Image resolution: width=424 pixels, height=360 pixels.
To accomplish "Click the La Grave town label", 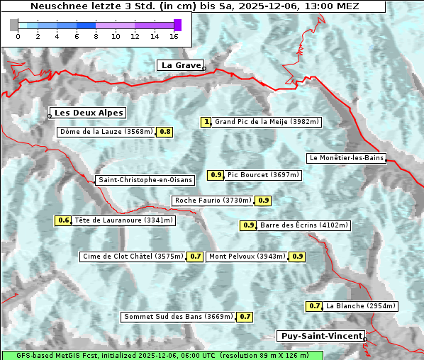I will tap(181, 65).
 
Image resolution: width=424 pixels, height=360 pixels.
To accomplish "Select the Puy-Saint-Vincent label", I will tap(322, 336).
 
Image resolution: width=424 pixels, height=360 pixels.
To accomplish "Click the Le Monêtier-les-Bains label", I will tap(346, 157).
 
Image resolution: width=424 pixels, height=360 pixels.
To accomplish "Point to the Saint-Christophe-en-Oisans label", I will tap(145, 180).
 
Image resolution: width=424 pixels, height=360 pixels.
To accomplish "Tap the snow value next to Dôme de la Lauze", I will tap(164, 132).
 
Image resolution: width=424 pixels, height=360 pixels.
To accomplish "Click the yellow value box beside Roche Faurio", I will tap(263, 201).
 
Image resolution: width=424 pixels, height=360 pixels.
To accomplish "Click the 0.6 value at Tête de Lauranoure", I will tap(64, 220).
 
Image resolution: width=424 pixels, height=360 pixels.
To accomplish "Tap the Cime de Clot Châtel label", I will tap(133, 257).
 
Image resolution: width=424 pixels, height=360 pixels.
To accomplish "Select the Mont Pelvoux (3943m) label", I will tap(247, 257).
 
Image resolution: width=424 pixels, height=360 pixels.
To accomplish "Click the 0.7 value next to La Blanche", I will tap(314, 306).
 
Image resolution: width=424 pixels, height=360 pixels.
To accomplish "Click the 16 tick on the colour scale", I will tap(174, 36).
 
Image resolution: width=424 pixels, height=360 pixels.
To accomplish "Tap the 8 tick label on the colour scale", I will tap(96, 36).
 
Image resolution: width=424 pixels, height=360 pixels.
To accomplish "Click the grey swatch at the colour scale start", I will tap(14, 25).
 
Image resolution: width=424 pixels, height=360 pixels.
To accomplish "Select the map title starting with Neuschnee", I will tap(195, 6).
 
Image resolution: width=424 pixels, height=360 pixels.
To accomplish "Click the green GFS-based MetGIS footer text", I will tap(162, 355).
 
